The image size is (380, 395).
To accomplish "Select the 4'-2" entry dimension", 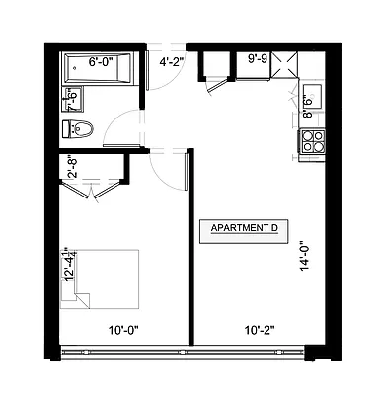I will pos(171,61).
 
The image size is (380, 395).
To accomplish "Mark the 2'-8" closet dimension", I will pos(72,168).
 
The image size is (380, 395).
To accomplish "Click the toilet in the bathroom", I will pos(79,129).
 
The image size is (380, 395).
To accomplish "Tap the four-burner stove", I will pos(313,144).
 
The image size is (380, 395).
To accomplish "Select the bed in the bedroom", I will pos(100,279).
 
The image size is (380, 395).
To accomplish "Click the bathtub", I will pos(103,69).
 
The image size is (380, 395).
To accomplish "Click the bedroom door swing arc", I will pos(174,171).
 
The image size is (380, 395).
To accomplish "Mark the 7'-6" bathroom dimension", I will pos(72,100).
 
